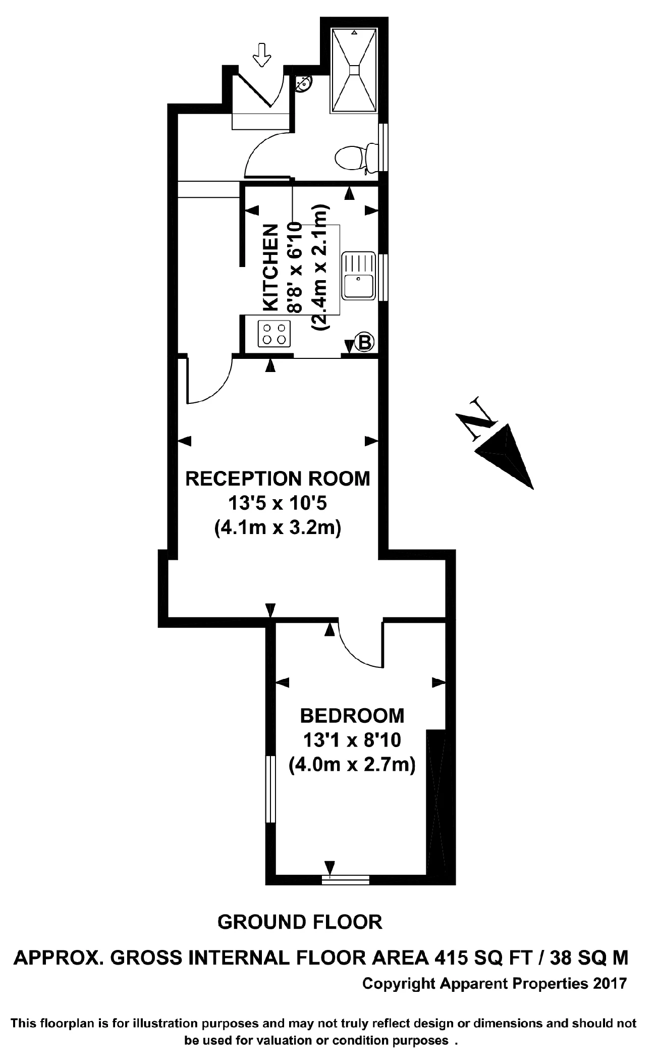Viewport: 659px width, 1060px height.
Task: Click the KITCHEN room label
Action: click(x=271, y=267)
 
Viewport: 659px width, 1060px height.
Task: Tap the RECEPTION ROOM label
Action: click(x=278, y=478)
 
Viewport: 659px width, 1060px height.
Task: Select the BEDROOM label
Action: click(x=352, y=715)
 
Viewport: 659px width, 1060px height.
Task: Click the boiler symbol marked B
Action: click(x=364, y=342)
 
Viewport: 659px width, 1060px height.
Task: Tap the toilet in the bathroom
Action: click(x=356, y=157)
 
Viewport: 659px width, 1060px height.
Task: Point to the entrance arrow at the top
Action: click(x=261, y=55)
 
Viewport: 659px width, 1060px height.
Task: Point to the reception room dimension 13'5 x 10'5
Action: click(x=278, y=503)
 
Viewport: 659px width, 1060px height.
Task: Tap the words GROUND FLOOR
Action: click(x=300, y=922)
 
